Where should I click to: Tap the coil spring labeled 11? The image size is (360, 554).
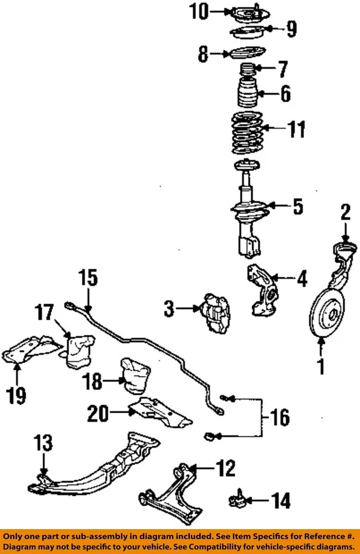point(247,133)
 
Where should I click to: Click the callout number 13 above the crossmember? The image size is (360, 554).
point(43,444)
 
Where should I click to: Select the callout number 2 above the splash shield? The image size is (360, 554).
point(344,213)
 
